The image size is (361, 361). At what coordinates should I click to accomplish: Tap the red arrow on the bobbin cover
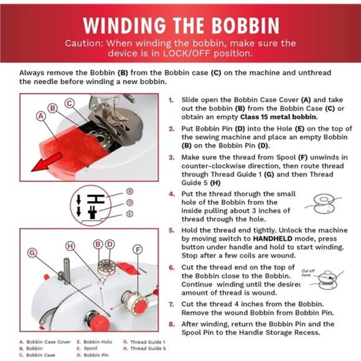coord(47,163)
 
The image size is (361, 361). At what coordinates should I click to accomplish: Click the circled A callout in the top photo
coord(41,116)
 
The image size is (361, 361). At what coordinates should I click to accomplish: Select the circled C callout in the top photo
coord(69,103)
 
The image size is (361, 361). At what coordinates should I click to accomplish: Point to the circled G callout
coord(32,253)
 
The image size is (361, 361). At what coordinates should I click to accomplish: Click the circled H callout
coord(70,246)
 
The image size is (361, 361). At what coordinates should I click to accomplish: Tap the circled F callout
coord(138,250)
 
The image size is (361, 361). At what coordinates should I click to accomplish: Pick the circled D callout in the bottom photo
coord(110,244)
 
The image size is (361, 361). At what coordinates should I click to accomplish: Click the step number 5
coord(172,230)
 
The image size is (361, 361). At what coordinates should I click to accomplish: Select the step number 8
coord(172,324)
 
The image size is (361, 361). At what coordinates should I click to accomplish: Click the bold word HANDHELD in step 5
coord(273,239)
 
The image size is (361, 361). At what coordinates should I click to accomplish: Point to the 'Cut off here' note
coord(307,273)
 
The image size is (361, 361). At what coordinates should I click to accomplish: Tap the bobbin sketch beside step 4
coord(323,204)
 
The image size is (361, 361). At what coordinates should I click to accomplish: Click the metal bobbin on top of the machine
coord(106,267)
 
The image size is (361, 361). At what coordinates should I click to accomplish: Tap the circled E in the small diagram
coord(130,214)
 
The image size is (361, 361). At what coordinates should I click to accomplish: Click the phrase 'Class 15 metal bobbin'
coord(278,117)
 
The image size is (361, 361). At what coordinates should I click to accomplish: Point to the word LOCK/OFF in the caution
coord(187,54)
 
